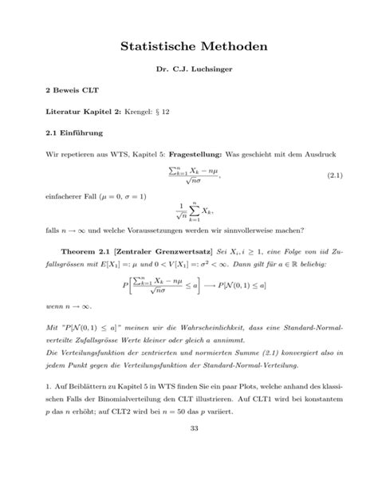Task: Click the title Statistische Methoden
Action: (188, 49)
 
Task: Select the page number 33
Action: (188, 452)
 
